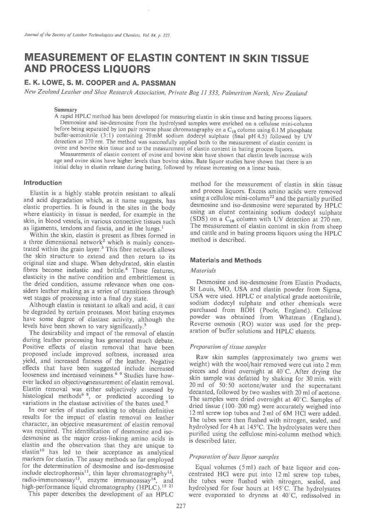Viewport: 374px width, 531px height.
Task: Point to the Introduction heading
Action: click(43, 183)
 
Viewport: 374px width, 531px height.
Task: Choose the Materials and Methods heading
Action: click(226, 260)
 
